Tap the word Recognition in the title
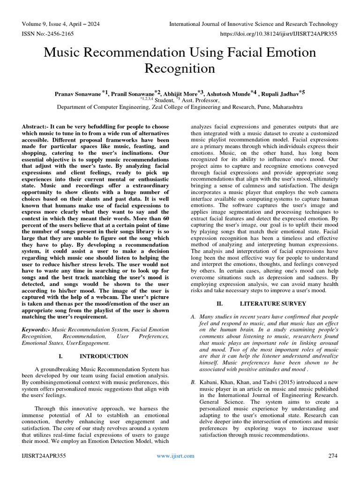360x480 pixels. pyautogui.click(x=180, y=68)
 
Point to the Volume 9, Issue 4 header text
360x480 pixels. pyautogui.click(x=60, y=24)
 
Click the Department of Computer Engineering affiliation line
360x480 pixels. pyautogui.click(x=180, y=107)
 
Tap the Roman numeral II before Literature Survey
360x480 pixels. pyautogui.click(x=218, y=304)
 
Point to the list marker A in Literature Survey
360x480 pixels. pyautogui.click(x=193, y=317)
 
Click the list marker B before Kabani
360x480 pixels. pyautogui.click(x=193, y=383)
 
